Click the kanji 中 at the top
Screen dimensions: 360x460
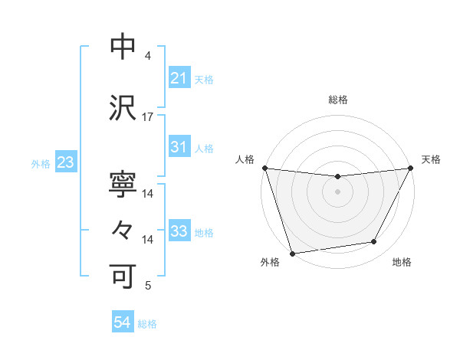(123, 47)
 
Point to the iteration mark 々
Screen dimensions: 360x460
(123, 230)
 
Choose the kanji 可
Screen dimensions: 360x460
(123, 275)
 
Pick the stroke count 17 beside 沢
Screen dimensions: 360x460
(148, 117)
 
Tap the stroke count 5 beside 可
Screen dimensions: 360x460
(148, 286)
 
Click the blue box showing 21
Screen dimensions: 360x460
(179, 78)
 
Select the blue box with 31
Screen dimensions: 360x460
(179, 147)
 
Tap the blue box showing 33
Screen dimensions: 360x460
(179, 231)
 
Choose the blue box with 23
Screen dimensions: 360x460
(64, 163)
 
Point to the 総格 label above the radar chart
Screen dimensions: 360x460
(337, 100)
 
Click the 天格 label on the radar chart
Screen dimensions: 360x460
(431, 159)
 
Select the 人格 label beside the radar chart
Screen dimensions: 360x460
(245, 159)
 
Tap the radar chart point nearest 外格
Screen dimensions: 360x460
(292, 253)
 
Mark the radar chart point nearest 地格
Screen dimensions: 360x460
(374, 242)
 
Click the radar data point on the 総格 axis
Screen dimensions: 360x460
(337, 177)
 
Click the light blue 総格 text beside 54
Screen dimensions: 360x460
(147, 324)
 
